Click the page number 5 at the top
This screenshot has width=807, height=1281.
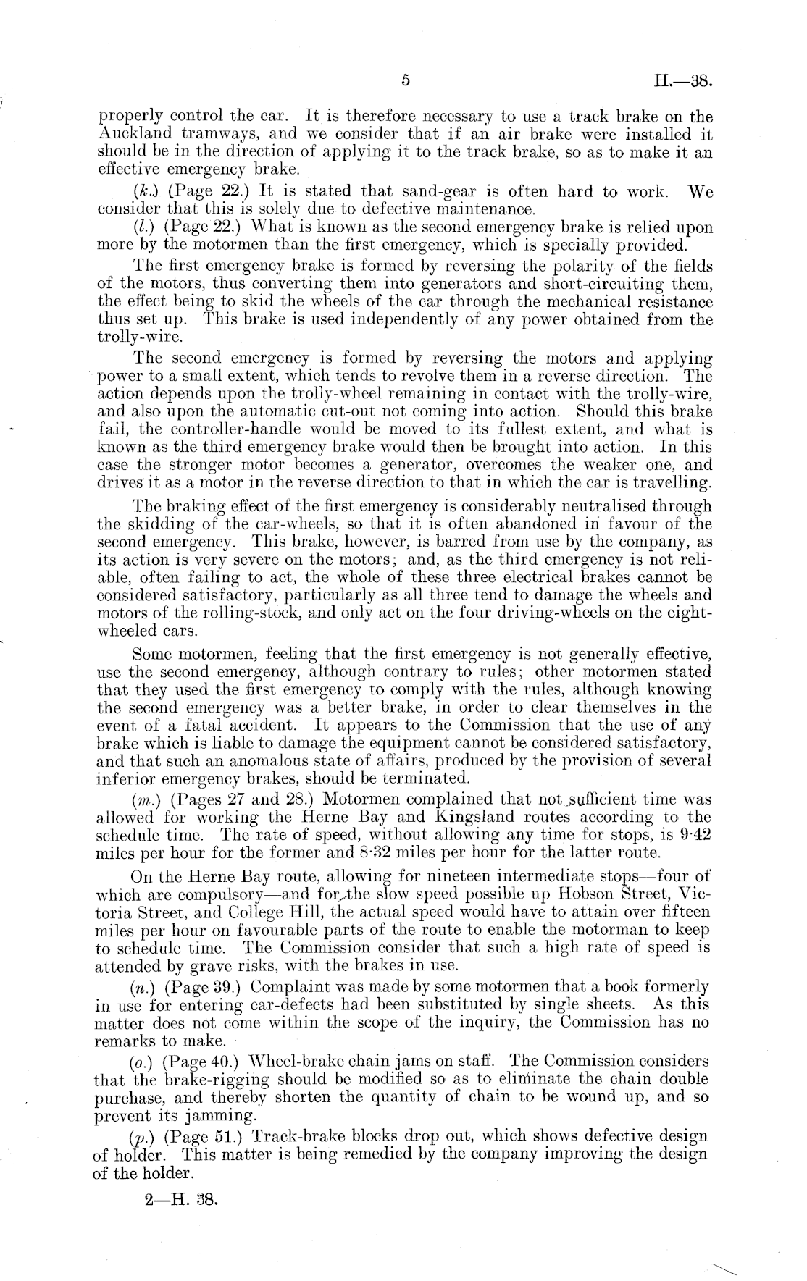pos(406,81)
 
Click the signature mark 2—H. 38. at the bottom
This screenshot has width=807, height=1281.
pos(180,1198)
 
